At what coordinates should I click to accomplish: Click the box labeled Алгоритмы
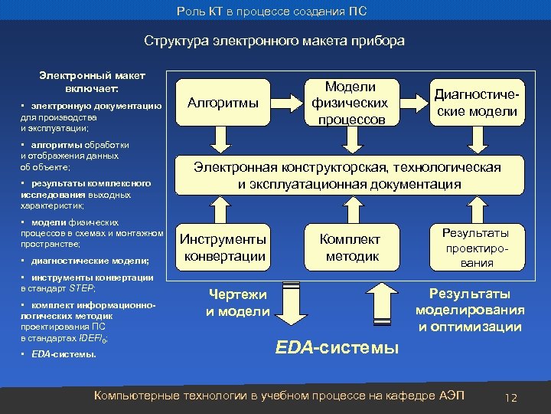click(223, 102)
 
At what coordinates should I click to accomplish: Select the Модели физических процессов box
click(350, 102)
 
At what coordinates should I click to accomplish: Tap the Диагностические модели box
click(476, 102)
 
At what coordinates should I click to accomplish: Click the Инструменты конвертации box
click(223, 247)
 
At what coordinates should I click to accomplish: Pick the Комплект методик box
click(349, 247)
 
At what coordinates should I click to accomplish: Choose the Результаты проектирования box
click(476, 247)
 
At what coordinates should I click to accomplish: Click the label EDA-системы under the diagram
click(336, 347)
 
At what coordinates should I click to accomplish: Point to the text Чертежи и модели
click(237, 303)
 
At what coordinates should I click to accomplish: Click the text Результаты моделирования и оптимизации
click(470, 310)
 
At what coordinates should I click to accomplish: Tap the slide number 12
click(511, 398)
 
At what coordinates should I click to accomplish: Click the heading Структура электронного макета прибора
click(275, 41)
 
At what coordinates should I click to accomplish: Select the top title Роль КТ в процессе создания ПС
click(275, 10)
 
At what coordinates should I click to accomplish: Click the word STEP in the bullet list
click(81, 288)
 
